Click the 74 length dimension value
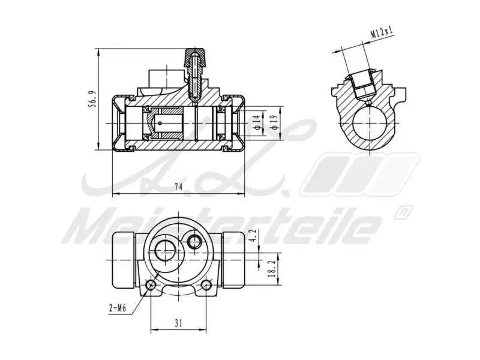pos(178,187)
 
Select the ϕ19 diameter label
pos(274,122)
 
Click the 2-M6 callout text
pos(118,308)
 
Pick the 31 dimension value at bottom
pos(178,323)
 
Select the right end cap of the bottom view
pos(232,259)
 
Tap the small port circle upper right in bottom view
pos(194,241)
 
